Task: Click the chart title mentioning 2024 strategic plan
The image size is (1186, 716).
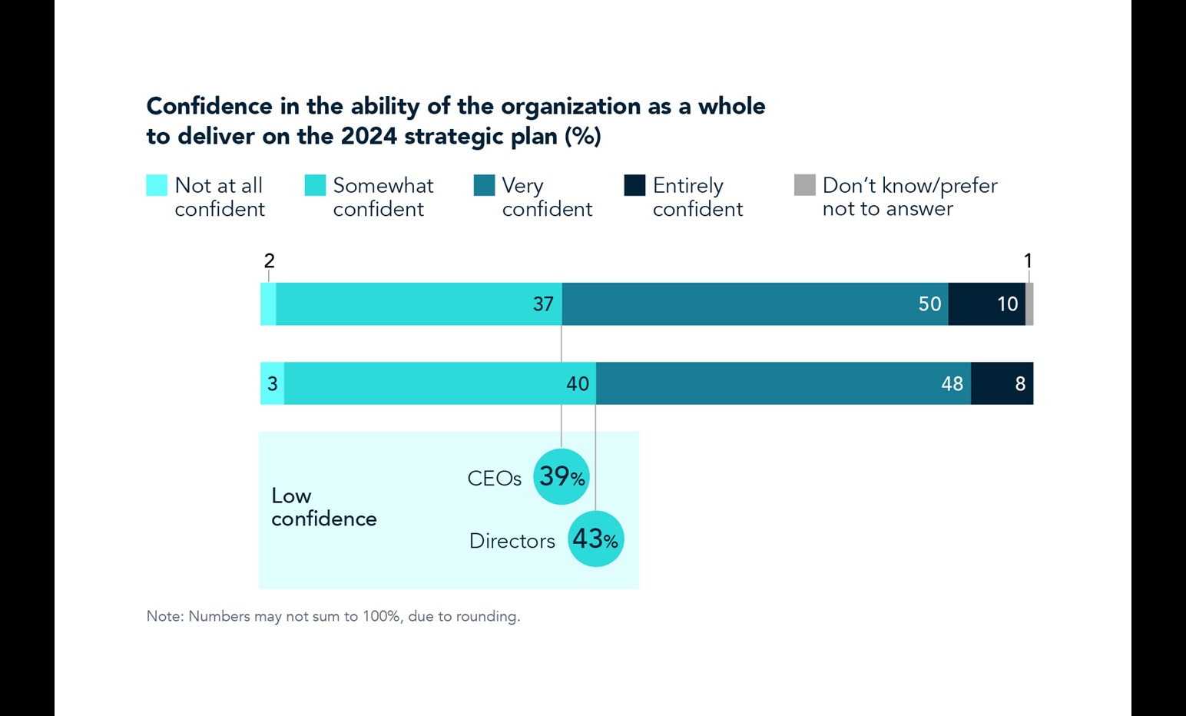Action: coord(456,121)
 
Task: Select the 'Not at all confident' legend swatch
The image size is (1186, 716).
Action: coord(157,185)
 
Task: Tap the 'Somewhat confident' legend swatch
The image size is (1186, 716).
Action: coord(315,185)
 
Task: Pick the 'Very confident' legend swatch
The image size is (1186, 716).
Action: coord(484,185)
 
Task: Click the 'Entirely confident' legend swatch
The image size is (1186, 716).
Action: coord(634,185)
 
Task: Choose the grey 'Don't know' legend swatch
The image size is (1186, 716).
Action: coord(804,185)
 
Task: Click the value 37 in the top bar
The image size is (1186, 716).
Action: coord(543,304)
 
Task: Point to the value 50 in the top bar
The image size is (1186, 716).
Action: coord(929,304)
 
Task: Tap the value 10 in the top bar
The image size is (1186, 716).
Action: coord(1007,304)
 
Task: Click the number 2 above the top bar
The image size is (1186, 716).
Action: coord(269,261)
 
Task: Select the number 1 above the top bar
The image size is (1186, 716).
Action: coord(1028,261)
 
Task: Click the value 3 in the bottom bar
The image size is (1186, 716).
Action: coord(272,383)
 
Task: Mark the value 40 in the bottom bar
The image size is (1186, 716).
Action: coord(578,383)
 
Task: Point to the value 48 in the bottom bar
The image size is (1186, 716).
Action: coord(952,383)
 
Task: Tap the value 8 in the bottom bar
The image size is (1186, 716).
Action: coord(1020,383)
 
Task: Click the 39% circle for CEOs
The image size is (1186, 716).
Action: coord(562,477)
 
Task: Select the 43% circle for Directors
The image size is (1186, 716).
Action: coord(596,539)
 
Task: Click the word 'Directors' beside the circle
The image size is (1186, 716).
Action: coord(512,541)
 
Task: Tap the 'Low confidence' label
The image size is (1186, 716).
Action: coord(323,507)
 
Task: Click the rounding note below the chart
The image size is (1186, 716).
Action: coord(333,616)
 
